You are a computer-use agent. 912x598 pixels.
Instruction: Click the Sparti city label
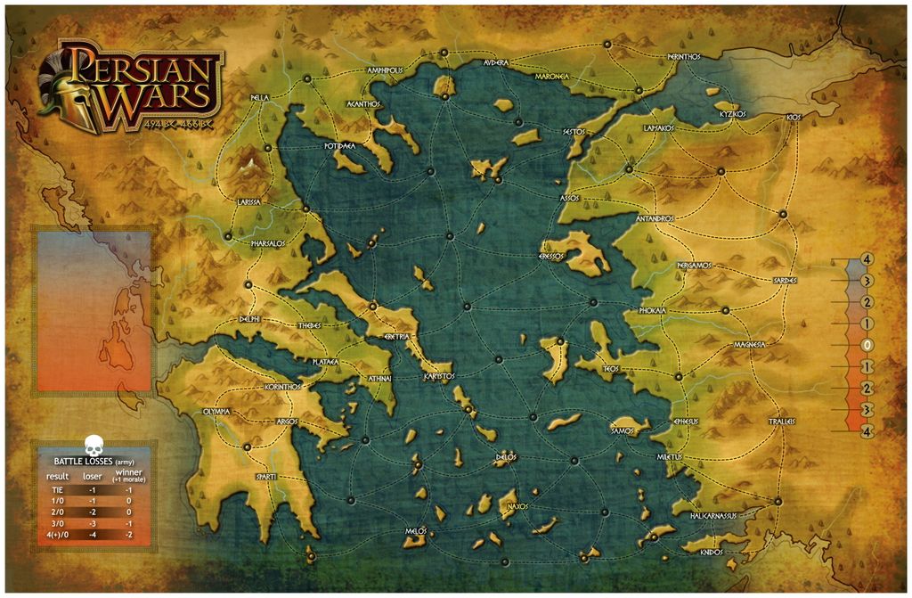click(x=266, y=477)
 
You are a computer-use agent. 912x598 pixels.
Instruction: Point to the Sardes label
click(x=785, y=280)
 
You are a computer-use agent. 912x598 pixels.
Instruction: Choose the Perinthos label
click(x=684, y=56)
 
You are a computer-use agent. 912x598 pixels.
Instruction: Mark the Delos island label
click(x=506, y=458)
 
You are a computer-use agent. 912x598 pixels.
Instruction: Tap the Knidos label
click(x=712, y=552)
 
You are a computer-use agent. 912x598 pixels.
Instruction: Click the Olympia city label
click(x=216, y=412)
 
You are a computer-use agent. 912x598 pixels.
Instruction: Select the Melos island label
click(x=415, y=530)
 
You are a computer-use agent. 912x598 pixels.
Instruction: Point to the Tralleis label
click(x=781, y=422)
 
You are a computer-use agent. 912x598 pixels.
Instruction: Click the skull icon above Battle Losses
click(x=92, y=445)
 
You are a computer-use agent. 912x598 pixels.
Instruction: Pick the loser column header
click(x=93, y=477)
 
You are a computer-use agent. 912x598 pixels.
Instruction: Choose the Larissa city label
click(x=248, y=202)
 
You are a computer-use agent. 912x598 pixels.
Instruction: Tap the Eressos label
click(x=552, y=256)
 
